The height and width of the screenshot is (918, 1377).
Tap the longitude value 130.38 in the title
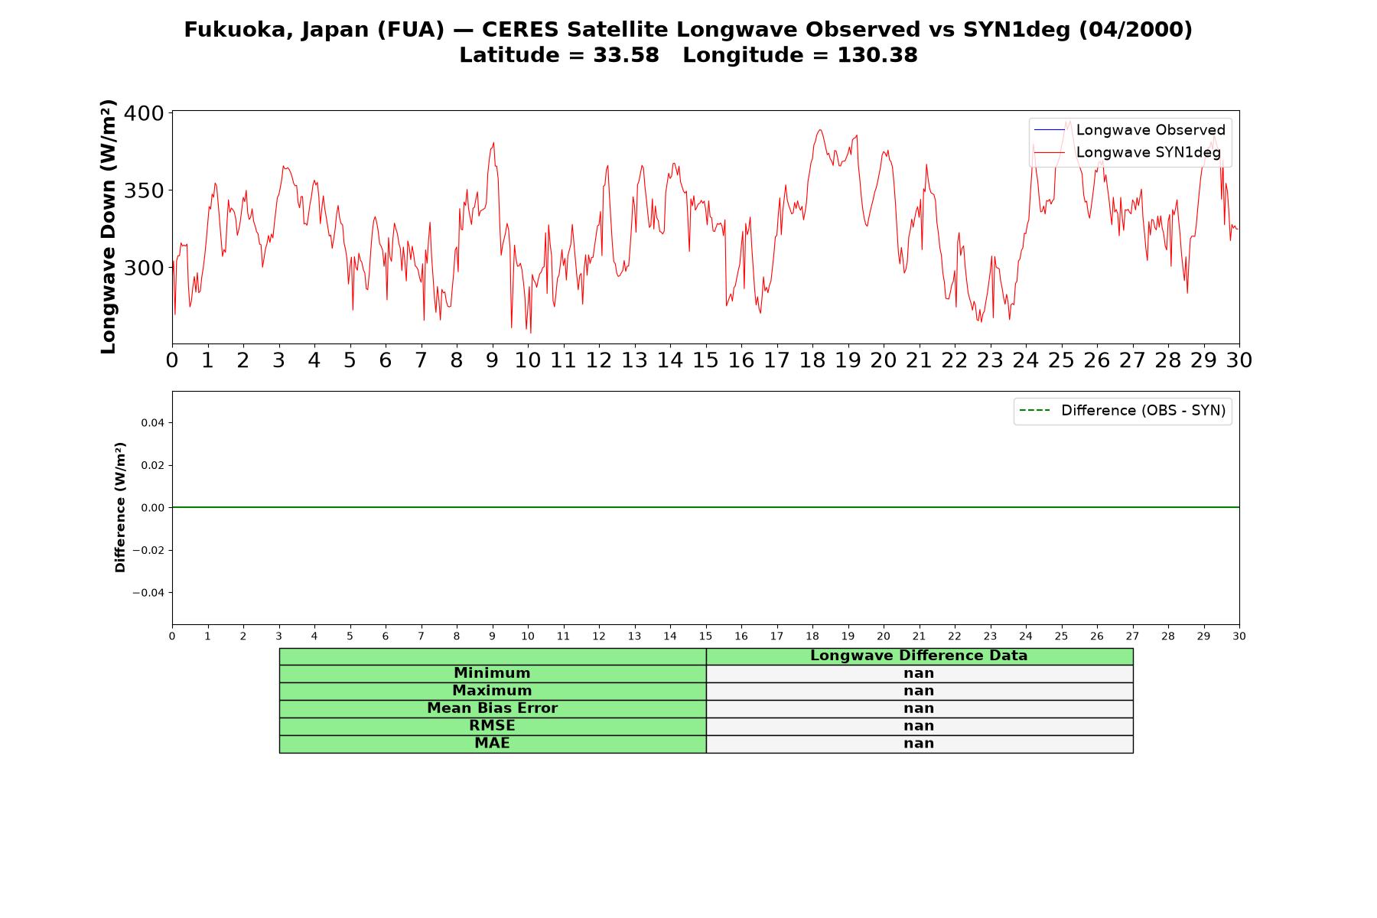877,55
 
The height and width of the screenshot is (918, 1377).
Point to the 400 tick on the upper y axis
144,113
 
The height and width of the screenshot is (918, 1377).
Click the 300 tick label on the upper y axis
144,268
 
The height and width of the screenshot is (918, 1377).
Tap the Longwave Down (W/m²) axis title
108,226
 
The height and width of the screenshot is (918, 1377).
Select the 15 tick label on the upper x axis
705,360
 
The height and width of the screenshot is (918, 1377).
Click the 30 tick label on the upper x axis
1239,360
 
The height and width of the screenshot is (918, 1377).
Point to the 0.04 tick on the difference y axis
152,423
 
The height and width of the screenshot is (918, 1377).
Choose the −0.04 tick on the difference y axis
148,593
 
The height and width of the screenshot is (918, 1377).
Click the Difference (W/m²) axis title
120,507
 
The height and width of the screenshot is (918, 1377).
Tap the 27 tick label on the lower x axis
1132,636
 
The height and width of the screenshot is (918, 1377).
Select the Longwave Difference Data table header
919,656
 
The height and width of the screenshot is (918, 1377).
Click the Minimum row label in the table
492,673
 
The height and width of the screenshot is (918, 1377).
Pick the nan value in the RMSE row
919,726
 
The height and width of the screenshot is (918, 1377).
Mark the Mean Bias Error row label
492,708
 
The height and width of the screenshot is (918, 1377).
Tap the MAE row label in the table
492,744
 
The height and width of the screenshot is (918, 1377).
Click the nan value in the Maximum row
919,691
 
